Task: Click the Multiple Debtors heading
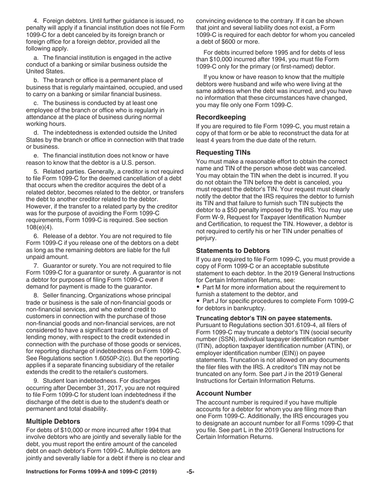(53, 422)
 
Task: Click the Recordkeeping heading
(221, 117)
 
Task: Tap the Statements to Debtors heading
(233, 251)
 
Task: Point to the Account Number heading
(224, 393)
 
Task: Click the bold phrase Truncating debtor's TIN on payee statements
(264, 318)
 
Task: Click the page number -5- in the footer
(190, 472)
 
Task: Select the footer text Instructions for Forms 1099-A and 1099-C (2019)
(91, 472)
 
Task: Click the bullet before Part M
(198, 287)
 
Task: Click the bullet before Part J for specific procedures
(198, 301)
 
